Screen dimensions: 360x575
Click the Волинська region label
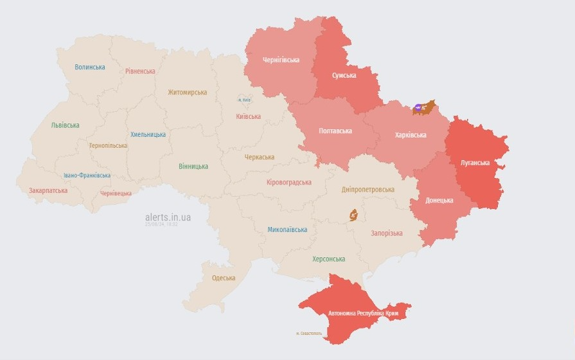point(89,67)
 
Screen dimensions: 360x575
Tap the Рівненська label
point(140,71)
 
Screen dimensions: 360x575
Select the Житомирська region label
point(187,92)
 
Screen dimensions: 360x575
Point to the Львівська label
point(65,125)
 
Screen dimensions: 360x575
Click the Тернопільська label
point(108,145)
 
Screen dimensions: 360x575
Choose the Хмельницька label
point(148,134)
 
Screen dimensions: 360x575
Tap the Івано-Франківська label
point(87,175)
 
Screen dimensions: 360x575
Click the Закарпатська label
point(48,190)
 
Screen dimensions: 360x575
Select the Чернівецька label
point(116,193)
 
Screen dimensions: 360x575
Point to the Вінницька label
point(193,166)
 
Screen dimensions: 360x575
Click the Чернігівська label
point(281,60)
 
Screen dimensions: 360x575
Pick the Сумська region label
point(344,75)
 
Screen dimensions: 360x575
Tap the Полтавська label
point(335,130)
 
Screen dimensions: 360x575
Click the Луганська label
point(475,163)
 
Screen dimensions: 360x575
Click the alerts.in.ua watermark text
point(168,217)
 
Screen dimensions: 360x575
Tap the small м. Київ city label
point(245,100)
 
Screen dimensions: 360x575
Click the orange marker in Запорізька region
point(353,215)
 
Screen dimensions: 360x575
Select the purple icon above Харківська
point(418,108)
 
